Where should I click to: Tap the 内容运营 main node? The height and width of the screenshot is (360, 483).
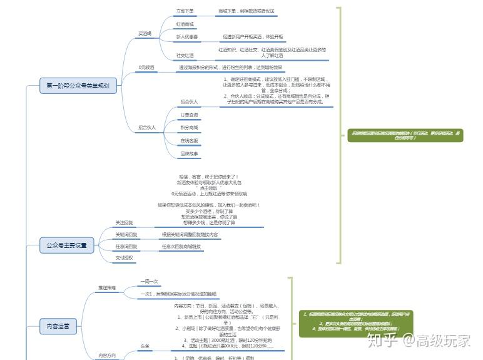click(58, 326)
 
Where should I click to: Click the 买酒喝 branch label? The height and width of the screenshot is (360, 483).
click(145, 34)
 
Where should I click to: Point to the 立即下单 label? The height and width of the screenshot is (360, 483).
click(185, 11)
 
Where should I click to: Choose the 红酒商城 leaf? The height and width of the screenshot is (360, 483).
click(185, 24)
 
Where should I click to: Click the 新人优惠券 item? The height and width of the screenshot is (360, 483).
click(186, 38)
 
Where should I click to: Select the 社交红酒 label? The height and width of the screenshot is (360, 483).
click(185, 56)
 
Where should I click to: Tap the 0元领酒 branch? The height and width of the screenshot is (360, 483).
click(146, 67)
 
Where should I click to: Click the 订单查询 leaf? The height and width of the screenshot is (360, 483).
click(189, 115)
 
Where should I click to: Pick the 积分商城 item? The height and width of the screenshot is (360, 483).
click(189, 128)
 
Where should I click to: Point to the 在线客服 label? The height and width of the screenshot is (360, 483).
click(189, 141)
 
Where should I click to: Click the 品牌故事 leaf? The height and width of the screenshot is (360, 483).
click(189, 154)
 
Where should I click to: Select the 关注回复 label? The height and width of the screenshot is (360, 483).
click(124, 223)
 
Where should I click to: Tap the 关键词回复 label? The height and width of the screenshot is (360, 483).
click(126, 235)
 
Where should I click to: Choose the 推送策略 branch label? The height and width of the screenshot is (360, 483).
click(106, 287)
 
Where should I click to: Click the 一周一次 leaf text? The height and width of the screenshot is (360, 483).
click(150, 282)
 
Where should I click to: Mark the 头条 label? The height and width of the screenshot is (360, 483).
click(145, 345)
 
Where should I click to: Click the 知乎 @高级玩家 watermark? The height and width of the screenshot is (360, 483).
click(419, 341)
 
